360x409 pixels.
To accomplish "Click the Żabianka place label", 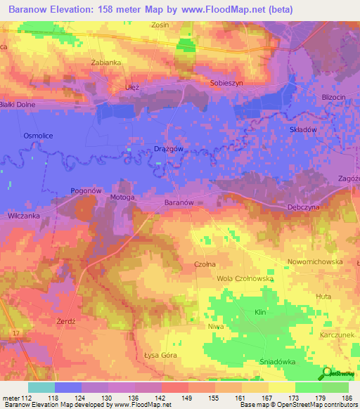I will click(x=107, y=62).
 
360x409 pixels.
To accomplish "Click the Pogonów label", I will click(x=87, y=190).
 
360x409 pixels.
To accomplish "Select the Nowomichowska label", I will click(x=315, y=261).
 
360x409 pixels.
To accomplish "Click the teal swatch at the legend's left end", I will click(x=41, y=387).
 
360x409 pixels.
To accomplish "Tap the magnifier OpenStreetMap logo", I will click(x=328, y=373).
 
